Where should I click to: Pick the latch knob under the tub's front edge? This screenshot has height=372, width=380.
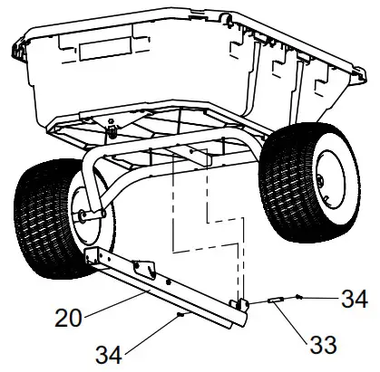pyautogui.click(x=113, y=130)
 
